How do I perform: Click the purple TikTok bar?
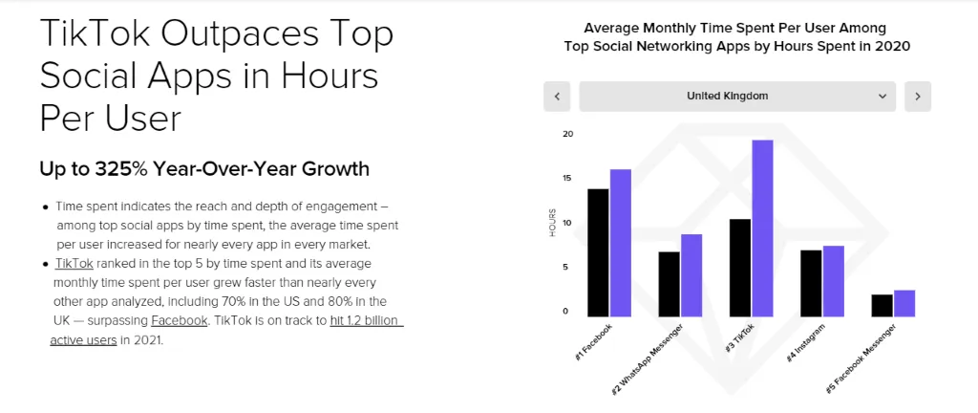[762, 228]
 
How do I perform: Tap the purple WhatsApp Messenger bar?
[691, 274]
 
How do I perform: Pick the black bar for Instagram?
[811, 282]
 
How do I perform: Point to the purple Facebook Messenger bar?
[904, 302]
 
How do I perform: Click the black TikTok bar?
[739, 267]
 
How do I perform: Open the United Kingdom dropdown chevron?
[882, 97]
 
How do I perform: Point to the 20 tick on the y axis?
[567, 134]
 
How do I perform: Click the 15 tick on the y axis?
[567, 179]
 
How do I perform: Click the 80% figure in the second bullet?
[321, 301]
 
